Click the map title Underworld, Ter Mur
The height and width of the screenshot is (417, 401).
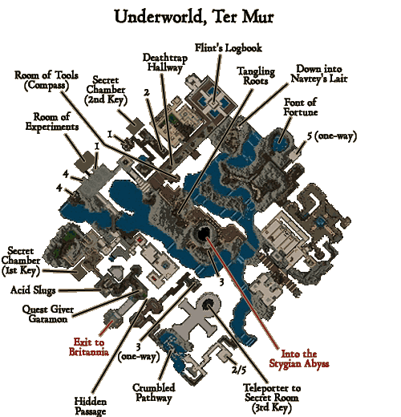pyautogui.click(x=194, y=17)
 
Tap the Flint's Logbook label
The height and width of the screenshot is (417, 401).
pyautogui.click(x=229, y=48)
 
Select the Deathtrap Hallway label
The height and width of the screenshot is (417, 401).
pyautogui.click(x=165, y=63)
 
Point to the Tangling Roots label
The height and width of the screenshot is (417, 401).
pyautogui.click(x=256, y=76)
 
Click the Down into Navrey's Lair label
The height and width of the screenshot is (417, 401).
pyautogui.click(x=319, y=74)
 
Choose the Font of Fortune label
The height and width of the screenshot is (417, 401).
pyautogui.click(x=301, y=107)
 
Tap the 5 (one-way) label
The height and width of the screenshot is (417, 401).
pyautogui.click(x=332, y=136)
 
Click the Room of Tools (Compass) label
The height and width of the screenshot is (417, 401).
pyautogui.click(x=47, y=80)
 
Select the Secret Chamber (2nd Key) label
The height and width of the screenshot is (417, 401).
pyautogui.click(x=106, y=91)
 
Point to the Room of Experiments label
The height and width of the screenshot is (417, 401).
pyautogui.click(x=52, y=122)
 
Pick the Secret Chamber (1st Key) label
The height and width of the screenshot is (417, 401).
pyautogui.click(x=21, y=261)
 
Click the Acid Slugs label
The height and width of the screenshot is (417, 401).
pyautogui.click(x=33, y=290)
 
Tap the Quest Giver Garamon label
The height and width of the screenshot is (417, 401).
pyautogui.click(x=48, y=314)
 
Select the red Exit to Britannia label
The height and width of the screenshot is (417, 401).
pyautogui.click(x=89, y=347)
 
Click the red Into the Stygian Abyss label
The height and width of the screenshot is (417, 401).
pyautogui.click(x=299, y=358)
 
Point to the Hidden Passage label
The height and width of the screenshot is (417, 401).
pyautogui.click(x=91, y=407)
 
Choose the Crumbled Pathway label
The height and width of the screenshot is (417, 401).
pyautogui.click(x=154, y=393)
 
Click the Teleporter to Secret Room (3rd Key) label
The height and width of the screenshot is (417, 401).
pyautogui.click(x=272, y=398)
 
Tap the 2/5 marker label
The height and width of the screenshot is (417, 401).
pyautogui.click(x=239, y=370)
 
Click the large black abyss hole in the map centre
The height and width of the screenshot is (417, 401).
pyautogui.click(x=205, y=233)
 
